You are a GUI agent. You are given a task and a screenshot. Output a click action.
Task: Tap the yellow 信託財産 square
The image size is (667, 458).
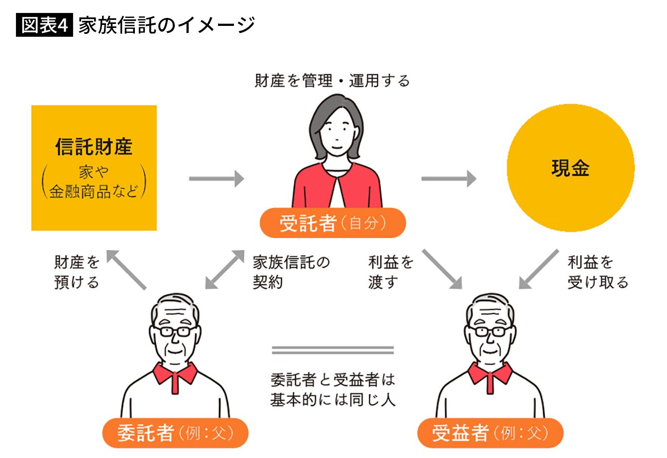[x=94, y=168]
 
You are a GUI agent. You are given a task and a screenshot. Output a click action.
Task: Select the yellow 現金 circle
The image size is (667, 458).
[x=570, y=168]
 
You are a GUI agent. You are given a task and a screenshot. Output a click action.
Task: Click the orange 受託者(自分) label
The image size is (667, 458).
[x=333, y=223]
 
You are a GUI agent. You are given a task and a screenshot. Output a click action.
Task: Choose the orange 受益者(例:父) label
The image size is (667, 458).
[x=490, y=433]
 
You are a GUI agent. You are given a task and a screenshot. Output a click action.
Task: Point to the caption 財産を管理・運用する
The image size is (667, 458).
[x=332, y=81]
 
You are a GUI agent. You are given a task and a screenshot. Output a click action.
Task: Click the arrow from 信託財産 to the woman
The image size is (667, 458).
[x=217, y=178]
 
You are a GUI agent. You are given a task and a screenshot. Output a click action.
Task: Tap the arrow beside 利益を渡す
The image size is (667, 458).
[x=442, y=269]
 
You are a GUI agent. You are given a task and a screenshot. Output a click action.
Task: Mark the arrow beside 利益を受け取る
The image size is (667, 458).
[x=539, y=269]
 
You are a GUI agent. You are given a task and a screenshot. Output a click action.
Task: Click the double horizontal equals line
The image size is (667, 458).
[x=333, y=350]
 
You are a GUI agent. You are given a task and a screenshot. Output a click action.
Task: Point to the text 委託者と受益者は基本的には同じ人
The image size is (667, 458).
[x=333, y=390]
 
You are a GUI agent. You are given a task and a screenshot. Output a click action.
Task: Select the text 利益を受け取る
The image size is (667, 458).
[x=597, y=272]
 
